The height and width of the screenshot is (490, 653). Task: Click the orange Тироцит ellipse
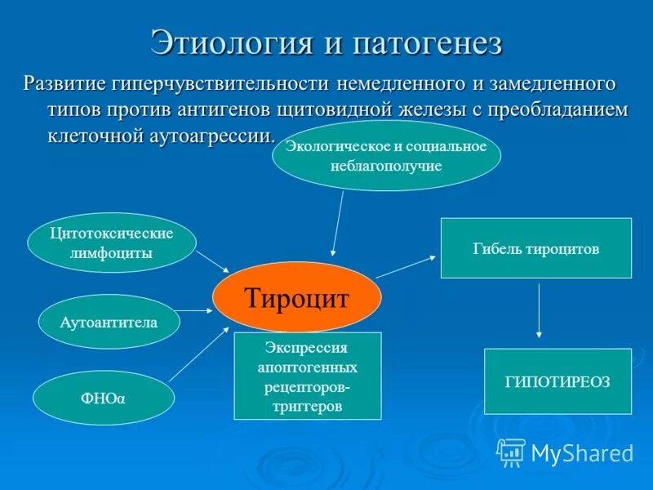[x=297, y=297]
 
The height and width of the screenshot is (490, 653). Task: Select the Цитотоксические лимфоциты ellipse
[x=113, y=243]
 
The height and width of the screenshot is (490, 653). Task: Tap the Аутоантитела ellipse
[x=109, y=322]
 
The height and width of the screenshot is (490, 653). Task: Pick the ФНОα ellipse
[x=104, y=398]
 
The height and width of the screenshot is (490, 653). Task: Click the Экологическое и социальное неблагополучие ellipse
[x=386, y=155]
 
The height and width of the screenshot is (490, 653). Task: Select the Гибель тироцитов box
[x=535, y=248]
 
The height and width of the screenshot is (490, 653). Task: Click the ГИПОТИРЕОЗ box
[x=557, y=381]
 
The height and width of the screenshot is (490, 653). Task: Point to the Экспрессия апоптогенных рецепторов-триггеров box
[x=309, y=376]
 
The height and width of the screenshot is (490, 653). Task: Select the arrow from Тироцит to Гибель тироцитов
[x=406, y=267]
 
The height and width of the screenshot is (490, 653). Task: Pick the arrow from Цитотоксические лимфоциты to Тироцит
[x=213, y=261]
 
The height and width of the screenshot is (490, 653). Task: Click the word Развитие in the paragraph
[x=72, y=83]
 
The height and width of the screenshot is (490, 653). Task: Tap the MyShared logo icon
[x=511, y=451]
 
